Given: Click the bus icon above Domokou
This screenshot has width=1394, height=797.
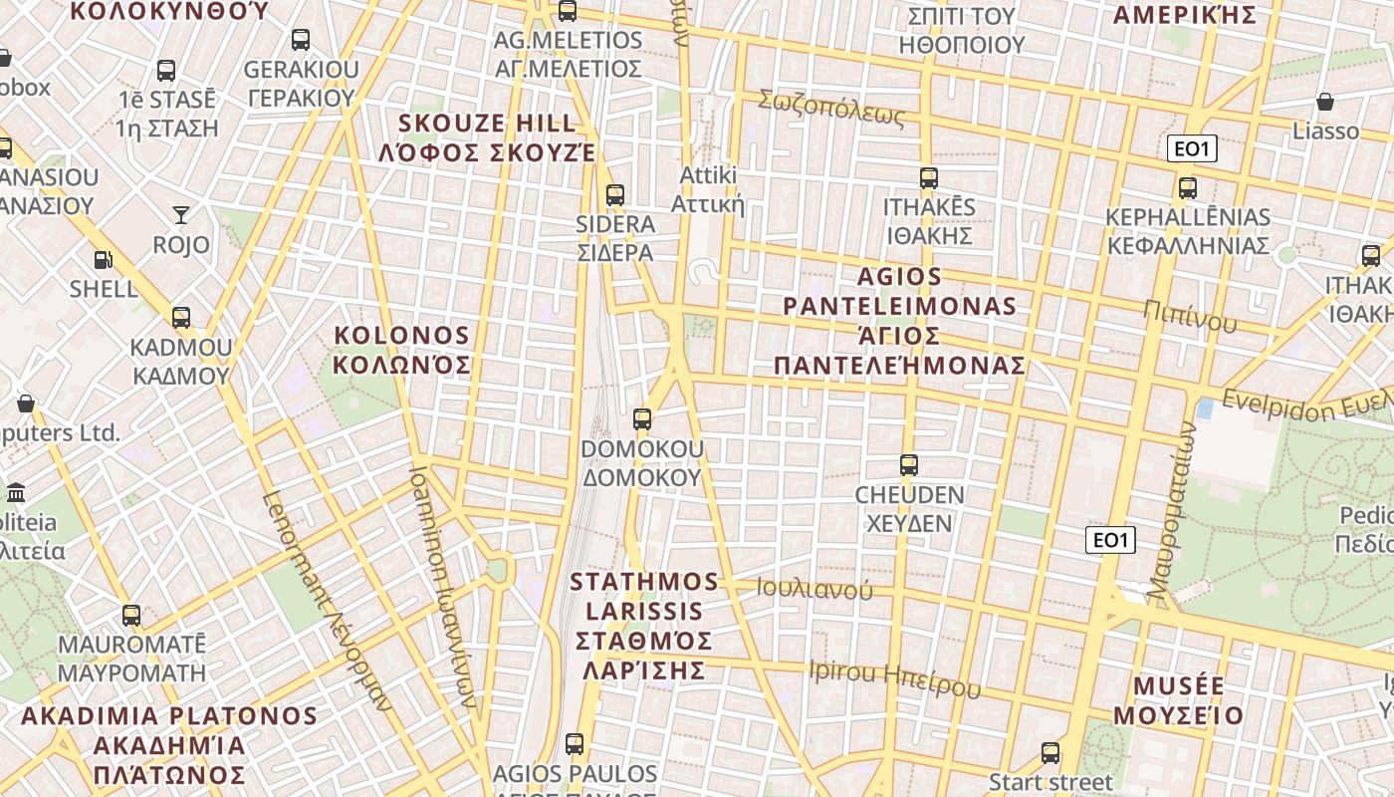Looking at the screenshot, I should pos(642,419).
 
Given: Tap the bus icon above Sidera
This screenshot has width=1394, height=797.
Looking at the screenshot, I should pos(615,195).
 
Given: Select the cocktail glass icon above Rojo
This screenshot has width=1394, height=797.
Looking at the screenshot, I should pos(180,214).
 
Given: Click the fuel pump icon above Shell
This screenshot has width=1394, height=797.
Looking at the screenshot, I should pos(103,260).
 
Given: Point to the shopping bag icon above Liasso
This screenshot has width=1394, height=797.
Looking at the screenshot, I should pos(1325,102).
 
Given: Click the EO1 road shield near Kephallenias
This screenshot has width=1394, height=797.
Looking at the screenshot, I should pos(1192,149).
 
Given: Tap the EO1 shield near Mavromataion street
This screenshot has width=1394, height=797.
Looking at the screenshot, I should pos(1109,540).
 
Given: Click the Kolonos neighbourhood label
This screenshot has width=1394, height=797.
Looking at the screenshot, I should pos(401,349).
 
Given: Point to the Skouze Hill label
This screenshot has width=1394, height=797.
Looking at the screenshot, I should pos(487,137).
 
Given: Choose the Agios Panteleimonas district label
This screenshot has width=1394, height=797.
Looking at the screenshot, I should pos(899,320).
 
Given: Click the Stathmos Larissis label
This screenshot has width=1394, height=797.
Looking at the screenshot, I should pos(643,625).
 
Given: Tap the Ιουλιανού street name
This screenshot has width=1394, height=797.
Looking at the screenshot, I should pos(814,588).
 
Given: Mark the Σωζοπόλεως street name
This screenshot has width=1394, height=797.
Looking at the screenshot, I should pos(831,108).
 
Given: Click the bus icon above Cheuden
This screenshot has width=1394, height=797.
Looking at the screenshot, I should pos(908,465).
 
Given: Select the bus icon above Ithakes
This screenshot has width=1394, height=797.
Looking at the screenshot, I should pos(928,178).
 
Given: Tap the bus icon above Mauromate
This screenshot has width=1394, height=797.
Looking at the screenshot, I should pos(131,616).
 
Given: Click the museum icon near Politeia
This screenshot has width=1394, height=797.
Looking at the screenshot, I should pos(16,493).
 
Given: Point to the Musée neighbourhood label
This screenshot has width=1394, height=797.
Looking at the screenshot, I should pos(1179,700).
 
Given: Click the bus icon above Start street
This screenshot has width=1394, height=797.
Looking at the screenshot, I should pos(1050,753).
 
